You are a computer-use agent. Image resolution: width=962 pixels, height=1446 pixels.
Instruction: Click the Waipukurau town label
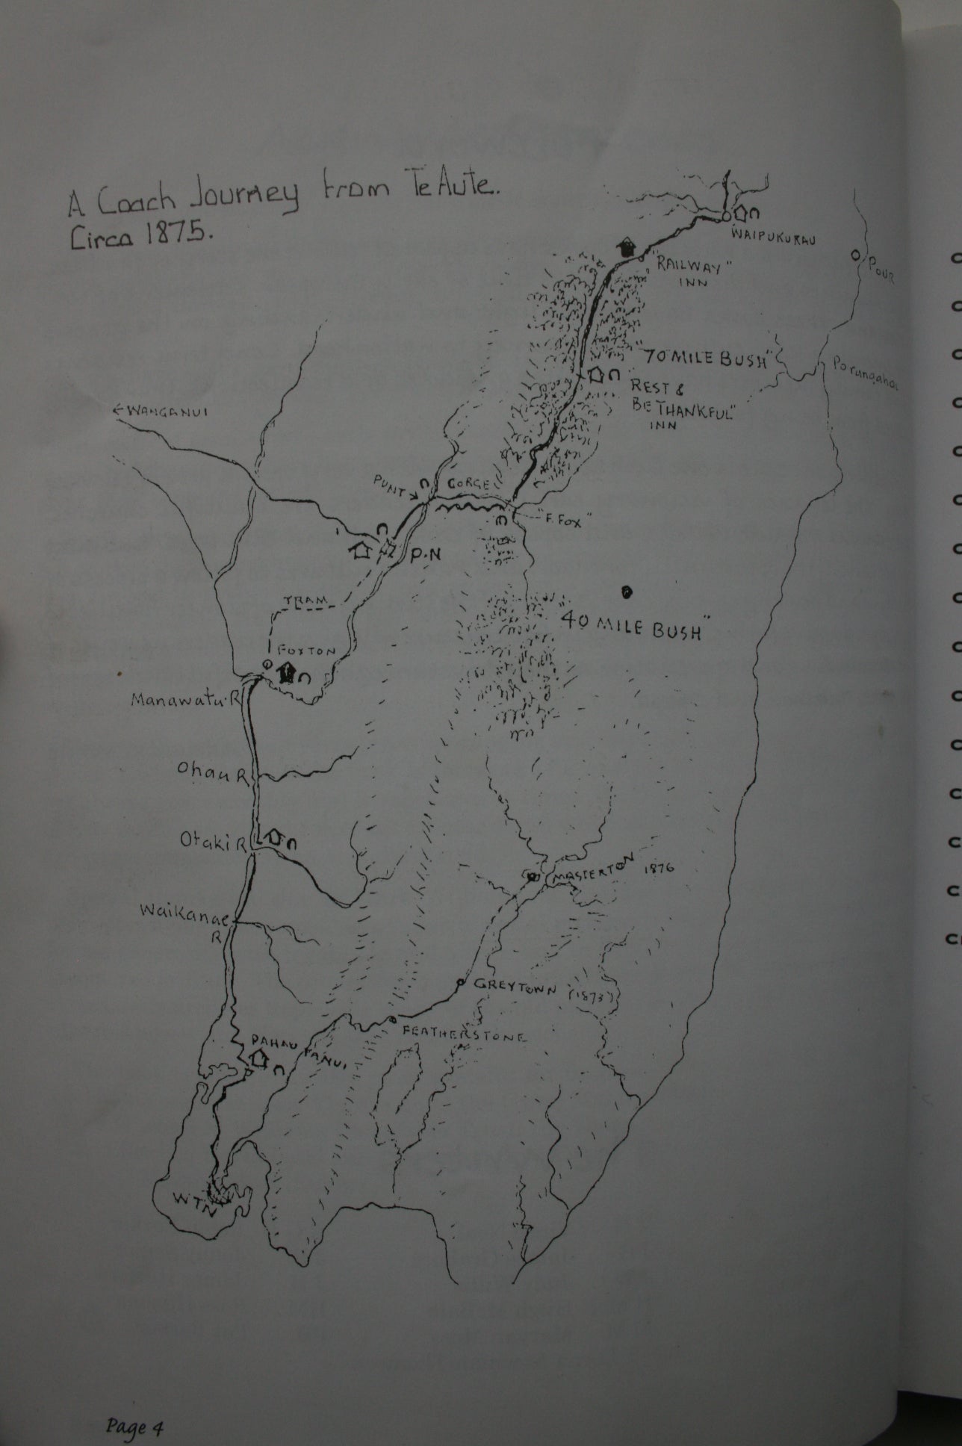[772, 240]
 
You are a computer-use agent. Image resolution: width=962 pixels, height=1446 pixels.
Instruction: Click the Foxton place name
[305, 651]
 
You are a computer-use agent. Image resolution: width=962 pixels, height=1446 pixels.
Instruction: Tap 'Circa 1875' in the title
[141, 235]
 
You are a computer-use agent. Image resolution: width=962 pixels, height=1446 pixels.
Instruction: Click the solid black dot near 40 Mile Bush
[627, 592]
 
